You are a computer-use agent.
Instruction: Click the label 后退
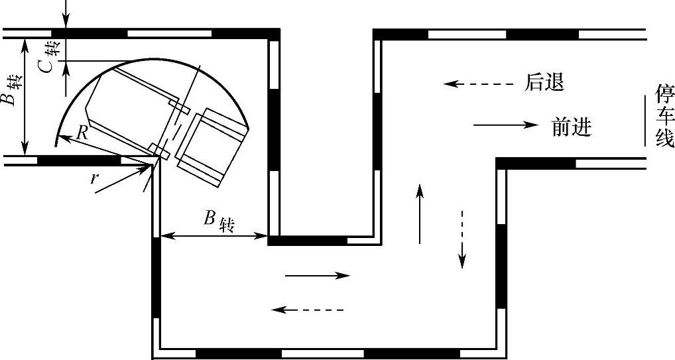pyautogui.click(x=544, y=83)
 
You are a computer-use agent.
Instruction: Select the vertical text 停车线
pyautogui.click(x=664, y=115)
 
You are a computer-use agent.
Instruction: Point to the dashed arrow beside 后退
pyautogui.click(x=479, y=84)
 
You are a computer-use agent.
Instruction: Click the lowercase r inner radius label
pyautogui.click(x=95, y=178)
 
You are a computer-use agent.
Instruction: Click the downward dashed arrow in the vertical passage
pyautogui.click(x=462, y=239)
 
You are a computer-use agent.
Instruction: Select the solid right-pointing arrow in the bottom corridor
pyautogui.click(x=316, y=276)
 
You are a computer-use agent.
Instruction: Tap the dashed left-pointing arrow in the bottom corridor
pyautogui.click(x=308, y=309)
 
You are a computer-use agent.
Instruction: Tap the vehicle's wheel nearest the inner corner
pyautogui.click(x=159, y=150)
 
